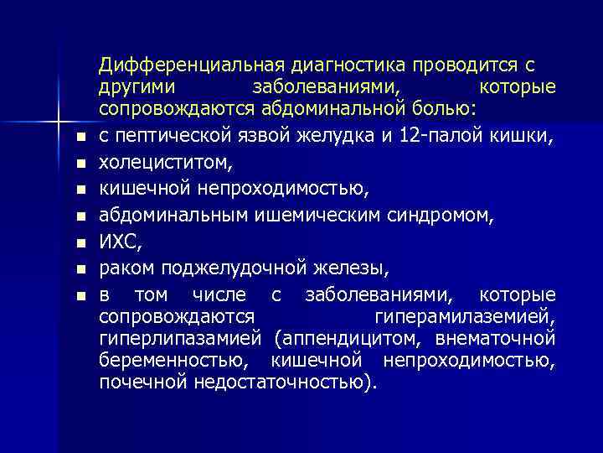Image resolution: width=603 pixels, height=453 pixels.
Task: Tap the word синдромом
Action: click(x=452, y=216)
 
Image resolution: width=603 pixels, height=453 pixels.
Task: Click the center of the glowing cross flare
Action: click(x=59, y=110)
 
